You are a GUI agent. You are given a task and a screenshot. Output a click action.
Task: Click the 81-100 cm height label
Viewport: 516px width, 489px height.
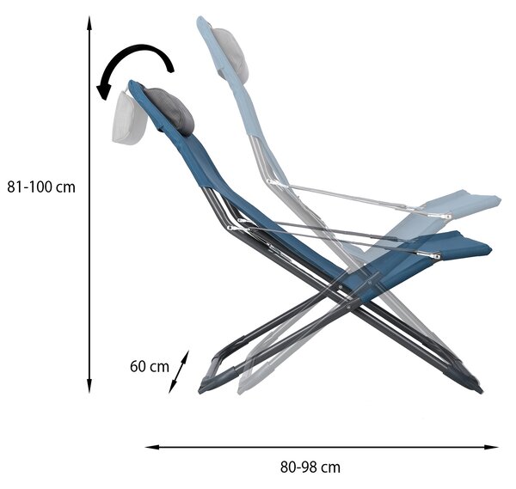(41, 187)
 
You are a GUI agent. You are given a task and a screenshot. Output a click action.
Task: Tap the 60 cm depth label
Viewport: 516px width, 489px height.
(150, 366)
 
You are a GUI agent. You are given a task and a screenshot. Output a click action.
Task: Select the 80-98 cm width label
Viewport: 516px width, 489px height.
(310, 467)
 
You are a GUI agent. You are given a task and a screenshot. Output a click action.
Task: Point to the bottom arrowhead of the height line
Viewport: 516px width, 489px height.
(89, 385)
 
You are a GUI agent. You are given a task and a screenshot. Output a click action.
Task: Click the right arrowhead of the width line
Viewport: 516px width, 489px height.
(491, 447)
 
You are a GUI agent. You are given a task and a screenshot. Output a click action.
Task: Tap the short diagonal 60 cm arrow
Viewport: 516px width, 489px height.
(179, 372)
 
